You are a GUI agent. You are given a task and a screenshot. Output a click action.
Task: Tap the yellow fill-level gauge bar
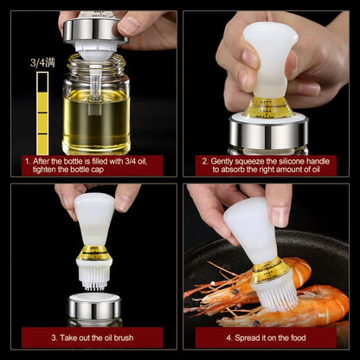click(x=42, y=112)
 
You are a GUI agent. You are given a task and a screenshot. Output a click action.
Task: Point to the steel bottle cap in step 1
click(x=94, y=31)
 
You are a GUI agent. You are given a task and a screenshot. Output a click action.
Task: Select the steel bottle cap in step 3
click(x=93, y=308)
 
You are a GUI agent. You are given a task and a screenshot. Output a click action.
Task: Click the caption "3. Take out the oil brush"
click(x=94, y=336)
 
